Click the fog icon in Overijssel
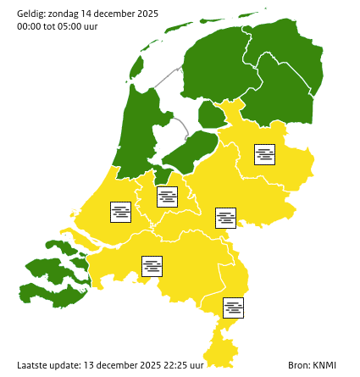coord(265,154)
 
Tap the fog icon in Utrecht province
coord(168,197)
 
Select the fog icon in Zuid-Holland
coord(121,212)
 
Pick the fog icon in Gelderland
coord(225,218)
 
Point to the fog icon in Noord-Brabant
coord(152,266)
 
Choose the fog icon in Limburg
coord(234,308)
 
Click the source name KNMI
coord(324,365)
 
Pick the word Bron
coord(298,365)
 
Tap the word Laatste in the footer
coord(34,365)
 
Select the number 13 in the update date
coord(88,365)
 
